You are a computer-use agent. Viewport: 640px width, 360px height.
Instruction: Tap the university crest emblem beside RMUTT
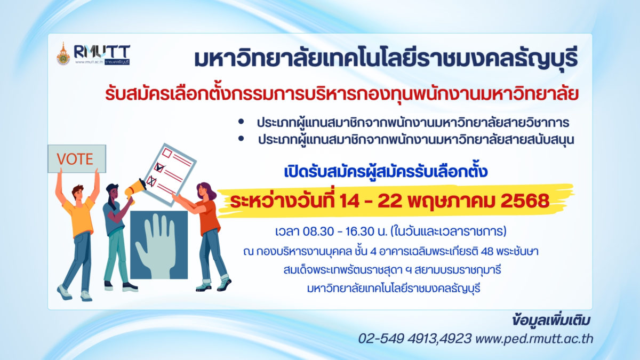(63, 54)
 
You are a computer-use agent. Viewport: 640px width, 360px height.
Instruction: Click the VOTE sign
(77, 159)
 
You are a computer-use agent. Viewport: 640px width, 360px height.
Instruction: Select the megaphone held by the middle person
(135, 189)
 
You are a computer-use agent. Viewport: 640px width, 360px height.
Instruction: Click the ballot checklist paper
(170, 174)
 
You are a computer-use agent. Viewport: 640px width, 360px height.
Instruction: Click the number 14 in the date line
(350, 201)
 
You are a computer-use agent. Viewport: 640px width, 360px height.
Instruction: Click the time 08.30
(318, 231)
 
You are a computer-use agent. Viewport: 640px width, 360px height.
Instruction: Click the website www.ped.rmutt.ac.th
(534, 339)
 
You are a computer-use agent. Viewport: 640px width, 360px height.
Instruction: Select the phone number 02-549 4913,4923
(415, 339)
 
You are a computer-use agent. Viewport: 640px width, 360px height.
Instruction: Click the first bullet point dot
(241, 122)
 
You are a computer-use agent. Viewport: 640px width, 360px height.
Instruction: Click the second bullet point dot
(241, 139)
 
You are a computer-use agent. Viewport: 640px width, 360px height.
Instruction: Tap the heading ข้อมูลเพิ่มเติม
(551, 321)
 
